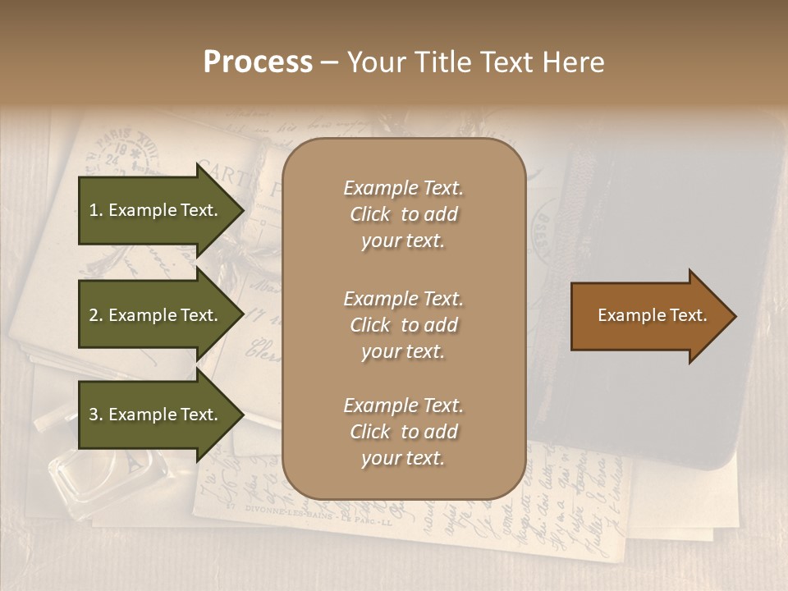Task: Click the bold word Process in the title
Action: (258, 62)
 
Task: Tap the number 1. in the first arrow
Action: (96, 210)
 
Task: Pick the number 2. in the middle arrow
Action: (96, 315)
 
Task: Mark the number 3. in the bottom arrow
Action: (96, 415)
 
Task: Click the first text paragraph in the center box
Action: (403, 214)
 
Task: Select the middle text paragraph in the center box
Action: (403, 324)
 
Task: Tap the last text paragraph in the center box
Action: (403, 432)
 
